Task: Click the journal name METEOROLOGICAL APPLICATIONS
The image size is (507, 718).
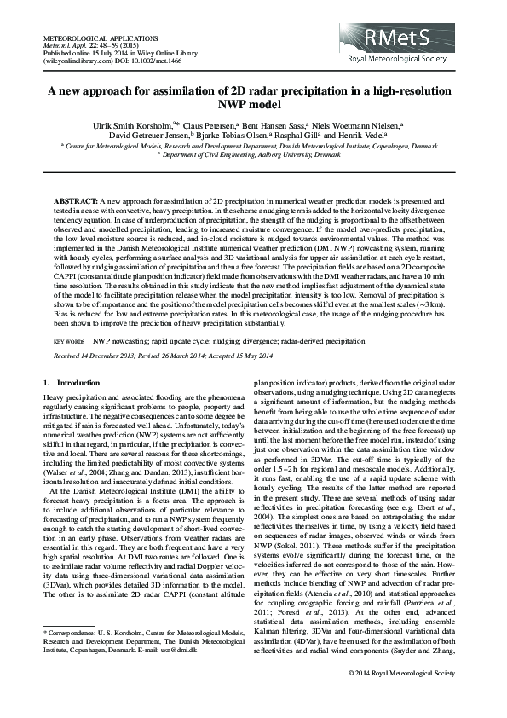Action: click(x=100, y=39)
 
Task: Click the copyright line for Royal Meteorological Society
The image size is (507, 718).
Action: click(x=401, y=698)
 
